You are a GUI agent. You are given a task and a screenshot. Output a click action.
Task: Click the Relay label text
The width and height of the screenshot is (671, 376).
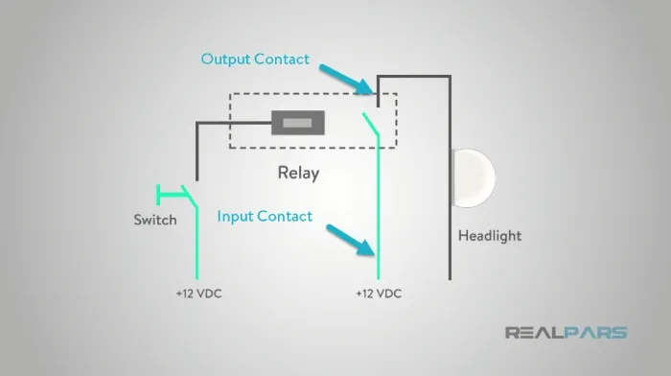tap(298, 173)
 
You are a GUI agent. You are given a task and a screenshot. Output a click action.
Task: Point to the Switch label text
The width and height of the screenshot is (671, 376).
tap(155, 220)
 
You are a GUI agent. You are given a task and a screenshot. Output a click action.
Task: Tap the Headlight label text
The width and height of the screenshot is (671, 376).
tap(490, 236)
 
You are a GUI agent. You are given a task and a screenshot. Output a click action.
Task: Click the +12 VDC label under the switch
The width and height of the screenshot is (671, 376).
tap(199, 294)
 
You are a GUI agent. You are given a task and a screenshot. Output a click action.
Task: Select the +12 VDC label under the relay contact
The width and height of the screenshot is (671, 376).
tap(379, 294)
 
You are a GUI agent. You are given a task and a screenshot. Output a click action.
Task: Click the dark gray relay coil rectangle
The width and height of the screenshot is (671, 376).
tap(298, 123)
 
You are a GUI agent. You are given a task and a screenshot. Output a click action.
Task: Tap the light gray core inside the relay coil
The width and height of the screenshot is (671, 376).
tap(297, 123)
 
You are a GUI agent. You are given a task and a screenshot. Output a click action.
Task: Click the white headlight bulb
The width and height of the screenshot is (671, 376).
tap(474, 178)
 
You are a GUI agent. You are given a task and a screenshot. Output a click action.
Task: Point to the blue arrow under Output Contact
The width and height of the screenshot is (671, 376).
tap(347, 80)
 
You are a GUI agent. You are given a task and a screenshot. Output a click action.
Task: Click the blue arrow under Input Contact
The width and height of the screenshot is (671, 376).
tap(351, 240)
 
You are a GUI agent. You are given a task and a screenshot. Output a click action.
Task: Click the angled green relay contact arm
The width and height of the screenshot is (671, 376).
tap(371, 124)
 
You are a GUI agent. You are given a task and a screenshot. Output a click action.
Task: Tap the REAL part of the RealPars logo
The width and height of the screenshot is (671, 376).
tap(534, 333)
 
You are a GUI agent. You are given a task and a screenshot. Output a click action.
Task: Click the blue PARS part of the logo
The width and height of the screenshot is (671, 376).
tap(595, 333)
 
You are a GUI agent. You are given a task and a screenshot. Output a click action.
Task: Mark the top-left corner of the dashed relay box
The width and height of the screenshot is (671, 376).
tap(230, 94)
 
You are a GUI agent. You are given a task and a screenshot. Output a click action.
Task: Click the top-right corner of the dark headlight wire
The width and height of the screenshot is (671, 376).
tap(450, 77)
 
